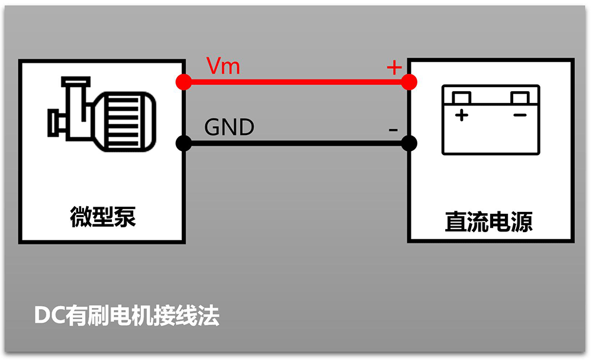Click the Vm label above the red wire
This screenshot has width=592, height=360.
point(223,66)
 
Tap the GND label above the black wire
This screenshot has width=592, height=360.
point(229,127)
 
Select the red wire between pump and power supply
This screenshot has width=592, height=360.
point(296,82)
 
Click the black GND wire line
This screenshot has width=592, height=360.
point(296,143)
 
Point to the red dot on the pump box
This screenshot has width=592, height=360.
point(184,82)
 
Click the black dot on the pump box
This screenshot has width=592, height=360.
point(184,143)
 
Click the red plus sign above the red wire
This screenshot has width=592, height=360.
point(394,67)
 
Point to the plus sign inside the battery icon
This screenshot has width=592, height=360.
point(461,115)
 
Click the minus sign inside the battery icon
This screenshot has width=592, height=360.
point(519,114)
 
